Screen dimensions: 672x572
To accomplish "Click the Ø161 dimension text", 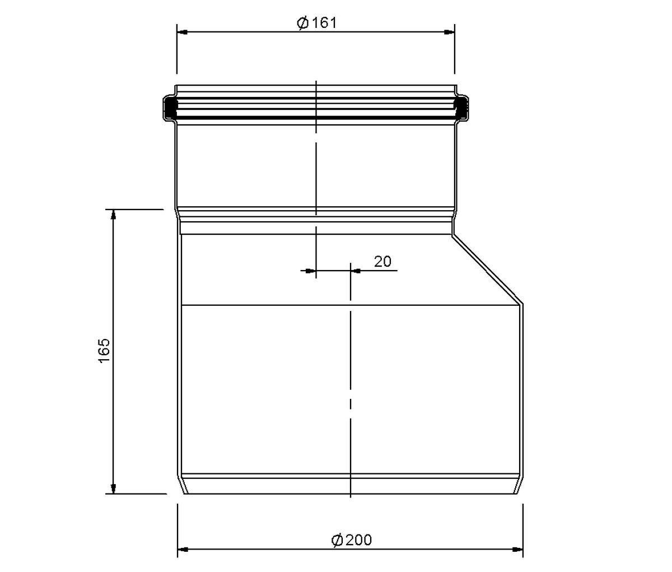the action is pos(317,23).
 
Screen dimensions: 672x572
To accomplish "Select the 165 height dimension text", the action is pos(104,351).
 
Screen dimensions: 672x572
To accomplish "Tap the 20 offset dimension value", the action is pos(382,262).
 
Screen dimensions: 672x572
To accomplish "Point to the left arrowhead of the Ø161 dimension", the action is pos(182,32).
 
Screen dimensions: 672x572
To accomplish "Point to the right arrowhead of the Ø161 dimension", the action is pos(450,32).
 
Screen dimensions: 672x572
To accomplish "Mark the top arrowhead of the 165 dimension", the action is pos(113,215).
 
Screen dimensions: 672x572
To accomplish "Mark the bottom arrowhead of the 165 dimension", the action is pos(113,488).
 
